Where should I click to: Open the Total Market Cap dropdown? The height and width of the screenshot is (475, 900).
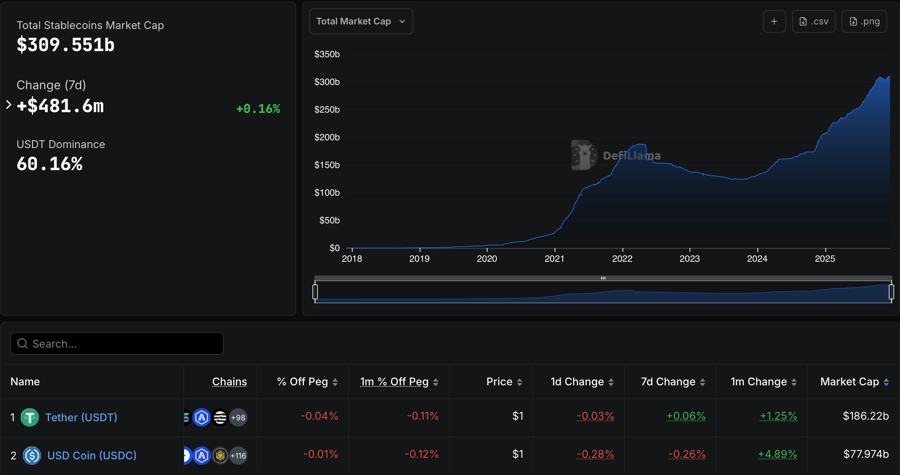[x=361, y=21]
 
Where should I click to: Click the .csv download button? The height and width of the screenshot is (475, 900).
[x=813, y=21]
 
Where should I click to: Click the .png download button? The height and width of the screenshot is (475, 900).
[x=864, y=21]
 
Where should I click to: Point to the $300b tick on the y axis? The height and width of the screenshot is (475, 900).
[x=327, y=82]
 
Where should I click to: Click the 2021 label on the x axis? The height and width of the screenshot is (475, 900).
[x=554, y=259]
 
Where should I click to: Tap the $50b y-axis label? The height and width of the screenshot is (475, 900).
[x=329, y=221]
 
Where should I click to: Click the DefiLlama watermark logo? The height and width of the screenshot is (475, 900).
[x=584, y=155]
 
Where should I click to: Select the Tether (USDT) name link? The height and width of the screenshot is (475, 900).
[x=81, y=417]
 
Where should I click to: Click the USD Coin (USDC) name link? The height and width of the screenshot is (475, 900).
[x=92, y=456]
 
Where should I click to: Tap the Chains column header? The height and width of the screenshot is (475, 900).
[x=229, y=382]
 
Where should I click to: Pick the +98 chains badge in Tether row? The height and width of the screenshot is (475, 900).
[x=238, y=418]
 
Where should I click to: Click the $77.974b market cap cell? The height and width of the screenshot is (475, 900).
[x=866, y=454]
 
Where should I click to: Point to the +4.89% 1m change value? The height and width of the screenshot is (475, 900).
[x=777, y=454]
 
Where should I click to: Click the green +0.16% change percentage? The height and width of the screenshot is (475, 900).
[x=258, y=109]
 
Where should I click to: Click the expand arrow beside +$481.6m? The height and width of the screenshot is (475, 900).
[x=9, y=105]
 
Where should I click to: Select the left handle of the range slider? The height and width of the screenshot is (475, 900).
[x=315, y=292]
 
